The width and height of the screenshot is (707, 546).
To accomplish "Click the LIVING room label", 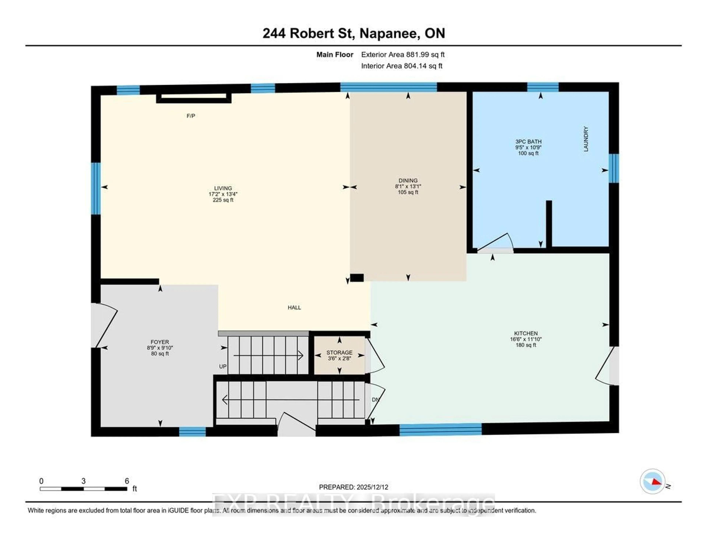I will pos(223,188).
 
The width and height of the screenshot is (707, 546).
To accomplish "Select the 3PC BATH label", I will pos(528,141).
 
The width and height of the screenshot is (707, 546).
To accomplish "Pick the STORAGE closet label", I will pos(339,353).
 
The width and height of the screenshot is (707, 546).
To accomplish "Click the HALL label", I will pos(294,307).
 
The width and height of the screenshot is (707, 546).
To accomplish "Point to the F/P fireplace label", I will pos(191,116).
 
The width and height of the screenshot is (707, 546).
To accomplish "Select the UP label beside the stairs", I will pos(223,366).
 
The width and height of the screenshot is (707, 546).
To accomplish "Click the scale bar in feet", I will pos(84,489).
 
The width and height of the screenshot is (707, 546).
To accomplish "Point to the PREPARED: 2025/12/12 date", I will pos(353,487).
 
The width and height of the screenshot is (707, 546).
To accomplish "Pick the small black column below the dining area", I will pos(357,278).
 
